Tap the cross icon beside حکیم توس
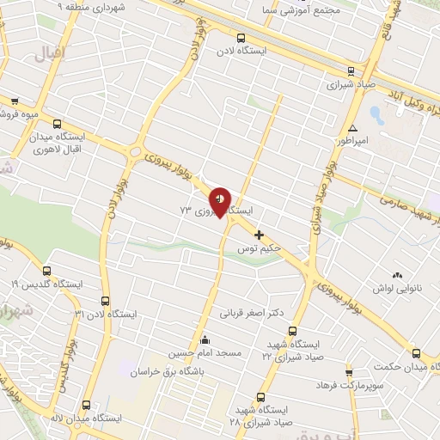pyautogui.click(x=259, y=234)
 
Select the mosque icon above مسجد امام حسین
pyautogui.click(x=204, y=339)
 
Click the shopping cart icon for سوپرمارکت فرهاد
pyautogui.click(x=349, y=373)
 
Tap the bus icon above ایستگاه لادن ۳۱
pyautogui.click(x=106, y=301)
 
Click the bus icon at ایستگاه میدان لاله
pyautogui.click(x=85, y=404)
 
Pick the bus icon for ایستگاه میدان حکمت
pyautogui.click(x=416, y=353)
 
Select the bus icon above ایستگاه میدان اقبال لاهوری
pyautogui.click(x=57, y=124)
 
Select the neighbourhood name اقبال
pyautogui.click(x=49, y=56)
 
